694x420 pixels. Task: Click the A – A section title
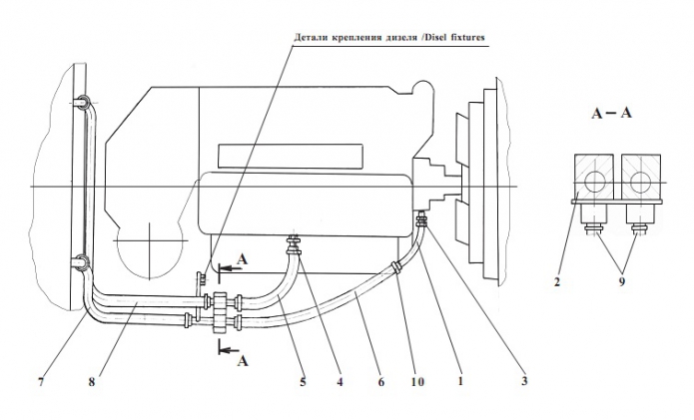click(610, 113)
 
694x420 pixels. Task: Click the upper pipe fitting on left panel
click(82, 102)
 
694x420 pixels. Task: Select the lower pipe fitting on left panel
click(80, 263)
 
